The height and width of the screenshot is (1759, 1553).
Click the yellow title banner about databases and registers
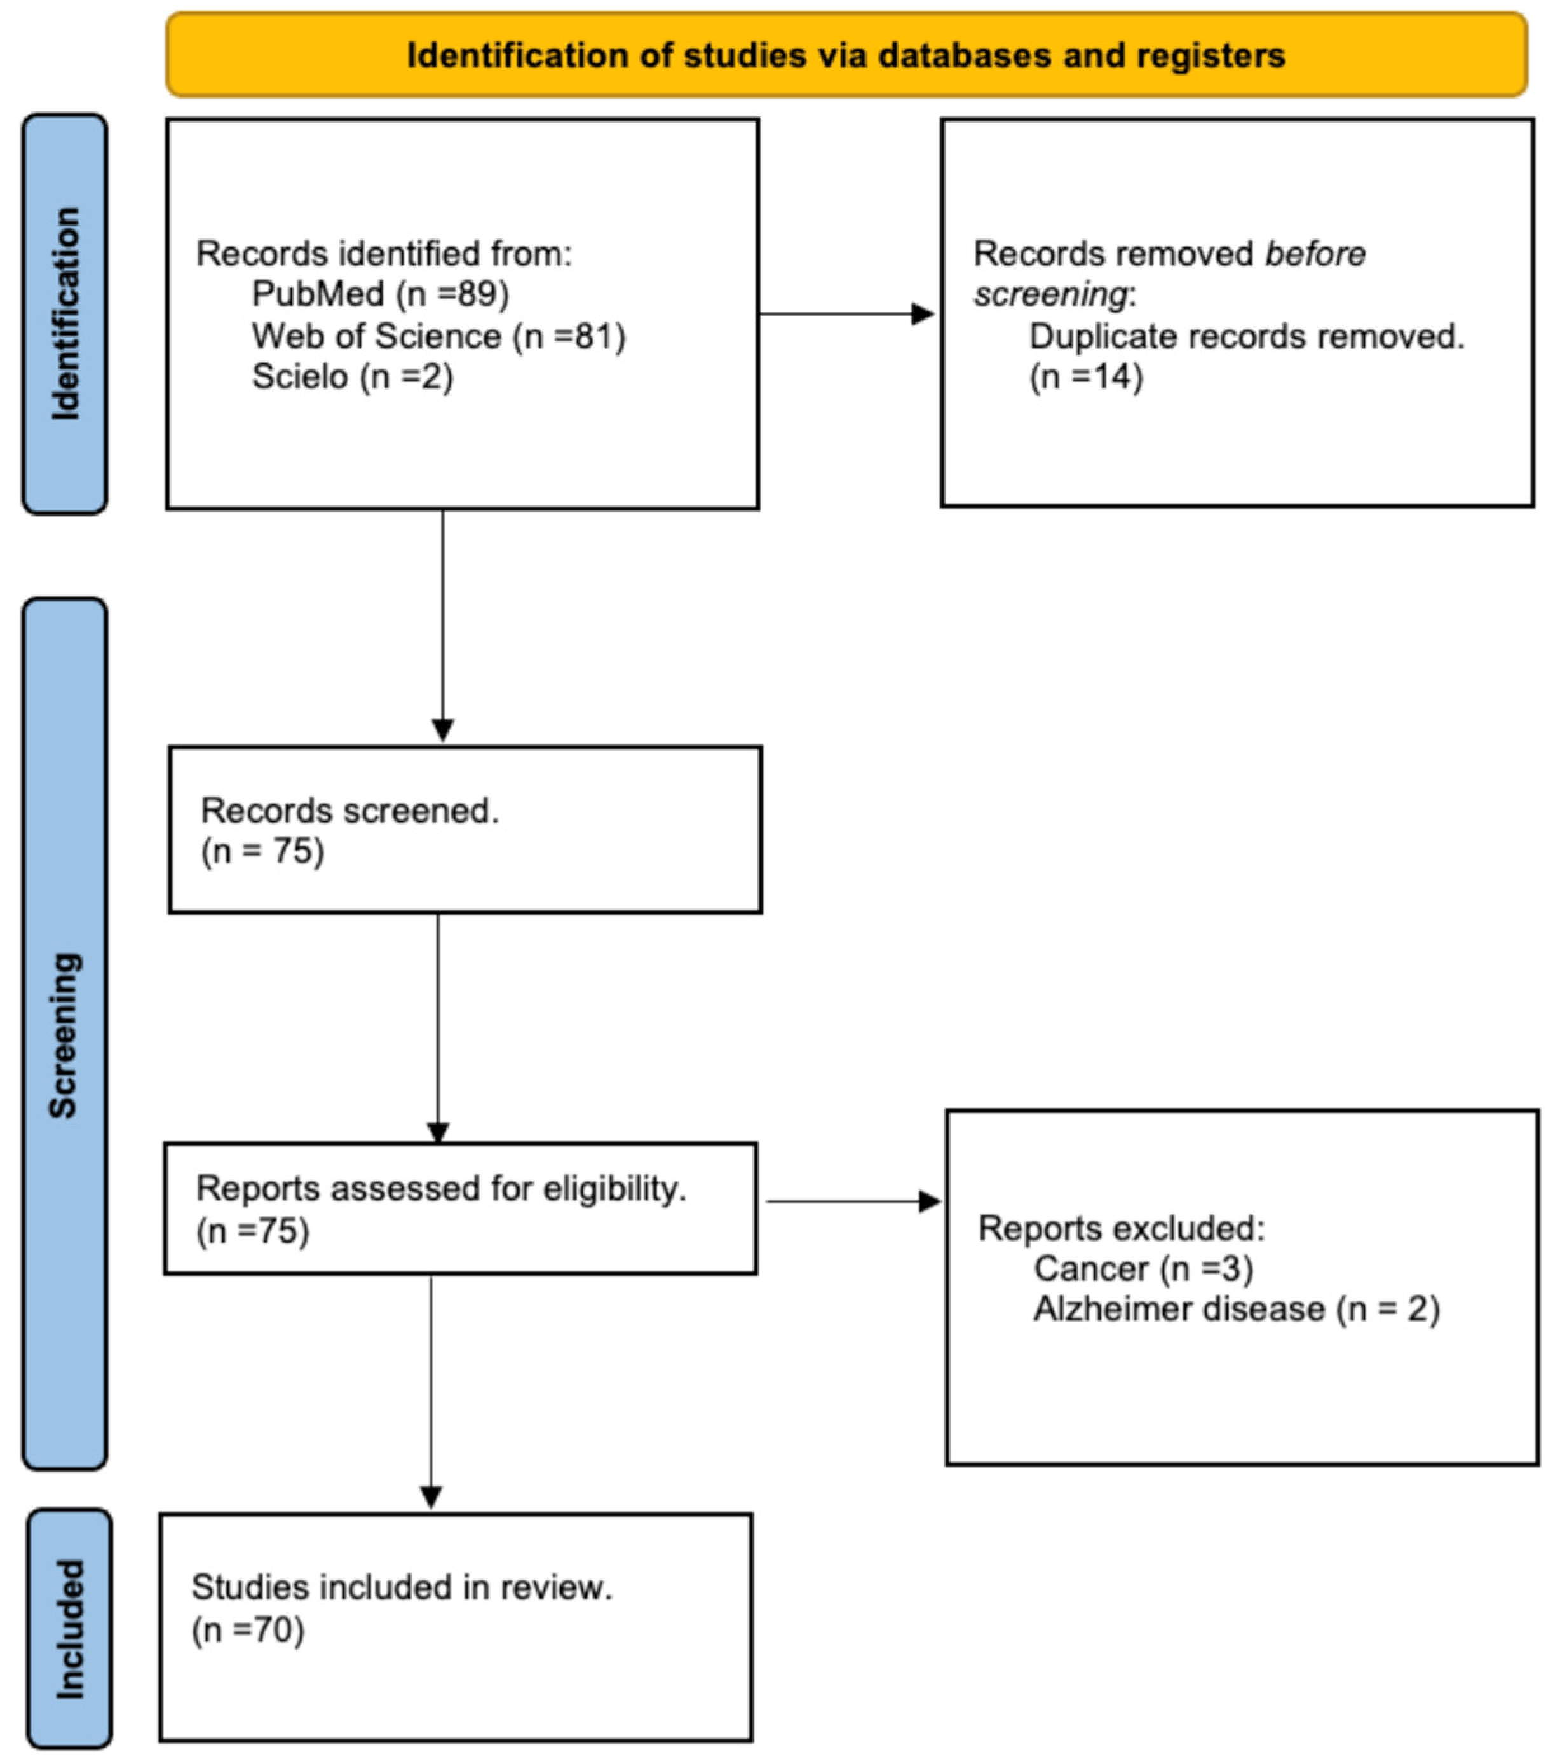(846, 55)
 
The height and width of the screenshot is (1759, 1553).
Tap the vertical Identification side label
(65, 314)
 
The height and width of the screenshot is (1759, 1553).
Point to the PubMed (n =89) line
(380, 294)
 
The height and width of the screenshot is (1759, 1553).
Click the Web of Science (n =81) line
(439, 336)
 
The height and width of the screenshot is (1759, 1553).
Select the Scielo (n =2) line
(352, 377)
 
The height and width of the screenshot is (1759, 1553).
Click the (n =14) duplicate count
(1086, 377)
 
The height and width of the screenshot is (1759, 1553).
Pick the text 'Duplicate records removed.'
(1247, 336)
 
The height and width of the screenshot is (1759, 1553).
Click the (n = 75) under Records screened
(262, 851)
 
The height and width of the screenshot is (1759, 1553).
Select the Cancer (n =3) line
(1143, 1268)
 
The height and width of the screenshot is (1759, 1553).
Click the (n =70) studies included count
(248, 1629)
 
